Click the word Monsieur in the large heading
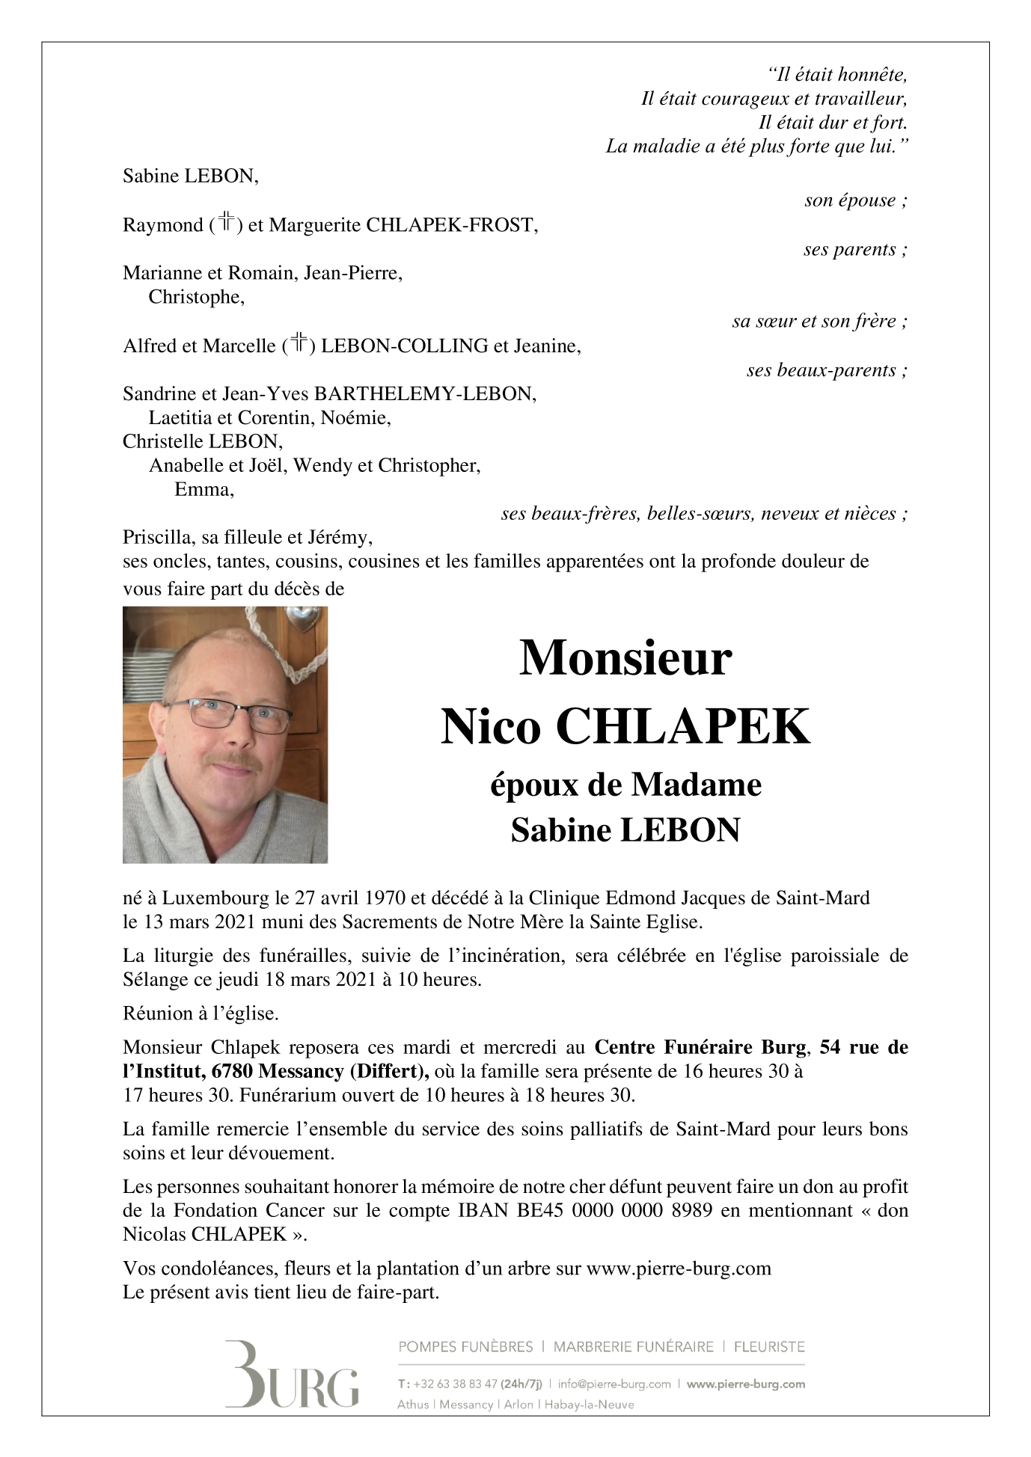click(x=625, y=658)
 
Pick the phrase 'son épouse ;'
click(x=855, y=200)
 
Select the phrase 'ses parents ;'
click(x=855, y=249)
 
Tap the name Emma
click(x=204, y=490)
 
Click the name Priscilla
click(x=153, y=537)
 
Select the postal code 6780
click(x=232, y=1071)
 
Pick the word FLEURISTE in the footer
click(x=769, y=1347)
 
